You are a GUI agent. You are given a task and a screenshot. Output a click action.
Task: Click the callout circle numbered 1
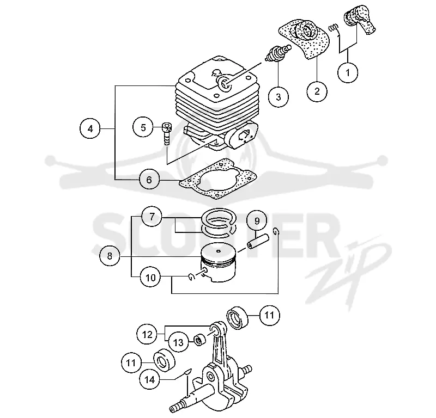pyautogui.click(x=348, y=73)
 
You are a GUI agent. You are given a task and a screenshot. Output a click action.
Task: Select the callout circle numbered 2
pyautogui.click(x=317, y=91)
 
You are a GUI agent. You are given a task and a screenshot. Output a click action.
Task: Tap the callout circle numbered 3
pyautogui.click(x=278, y=97)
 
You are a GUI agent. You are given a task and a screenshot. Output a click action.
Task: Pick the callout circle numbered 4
pyautogui.click(x=90, y=128)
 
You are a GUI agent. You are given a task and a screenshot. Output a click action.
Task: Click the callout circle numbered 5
pyautogui.click(x=143, y=127)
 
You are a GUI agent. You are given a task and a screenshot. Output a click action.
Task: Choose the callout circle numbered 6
pyautogui.click(x=149, y=180)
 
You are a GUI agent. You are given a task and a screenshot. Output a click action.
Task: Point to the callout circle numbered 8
pyautogui.click(x=110, y=255)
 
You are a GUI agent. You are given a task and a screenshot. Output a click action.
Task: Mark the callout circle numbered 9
pyautogui.click(x=257, y=221)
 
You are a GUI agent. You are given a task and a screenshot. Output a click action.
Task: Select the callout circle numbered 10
pyautogui.click(x=150, y=277)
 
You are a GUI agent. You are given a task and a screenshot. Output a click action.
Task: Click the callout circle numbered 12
pyautogui.click(x=147, y=334)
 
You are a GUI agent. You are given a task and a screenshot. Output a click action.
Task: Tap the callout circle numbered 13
pyautogui.click(x=178, y=342)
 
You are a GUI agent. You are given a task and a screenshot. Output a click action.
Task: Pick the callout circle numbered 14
pyautogui.click(x=149, y=379)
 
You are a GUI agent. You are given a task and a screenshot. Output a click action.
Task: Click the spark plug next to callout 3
pyautogui.click(x=278, y=53)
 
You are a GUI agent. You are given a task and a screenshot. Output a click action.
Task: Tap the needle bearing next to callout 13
pyautogui.click(x=200, y=341)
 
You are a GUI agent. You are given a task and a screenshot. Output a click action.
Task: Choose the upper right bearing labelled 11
pyautogui.click(x=238, y=318)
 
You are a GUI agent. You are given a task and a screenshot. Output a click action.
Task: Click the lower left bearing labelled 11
pyautogui.click(x=165, y=360)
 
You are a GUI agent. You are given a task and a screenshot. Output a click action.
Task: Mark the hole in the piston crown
pyautogui.click(x=219, y=251)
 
